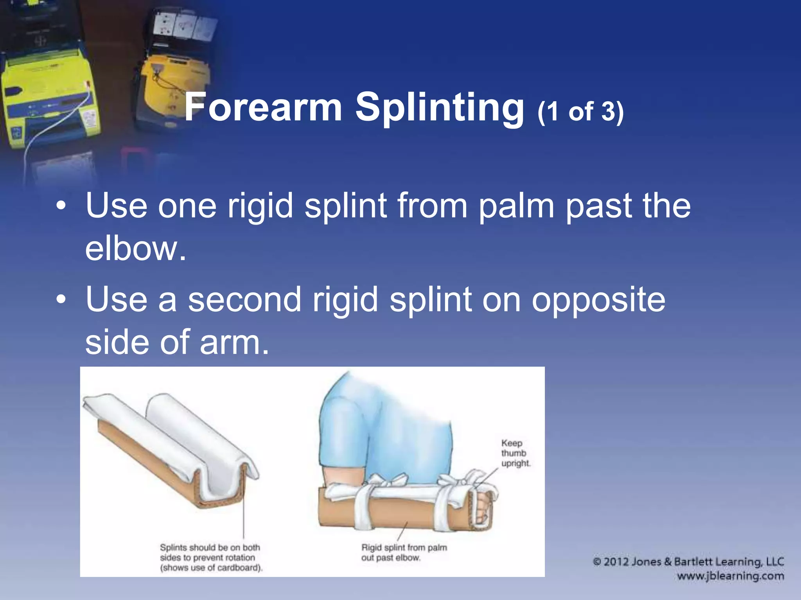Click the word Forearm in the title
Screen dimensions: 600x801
pos(263,107)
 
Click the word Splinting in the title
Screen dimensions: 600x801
pos(440,108)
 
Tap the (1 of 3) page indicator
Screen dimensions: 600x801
pos(580,112)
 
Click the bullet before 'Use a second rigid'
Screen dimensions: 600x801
pos(61,300)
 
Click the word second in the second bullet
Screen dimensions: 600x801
pos(244,300)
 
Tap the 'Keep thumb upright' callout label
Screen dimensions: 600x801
pos(515,453)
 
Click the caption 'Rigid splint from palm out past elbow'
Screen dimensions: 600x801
pos(404,552)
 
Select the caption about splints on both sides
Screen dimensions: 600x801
pos(210,557)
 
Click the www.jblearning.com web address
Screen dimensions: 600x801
pos(730,576)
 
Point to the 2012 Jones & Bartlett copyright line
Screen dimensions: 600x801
pos(688,562)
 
